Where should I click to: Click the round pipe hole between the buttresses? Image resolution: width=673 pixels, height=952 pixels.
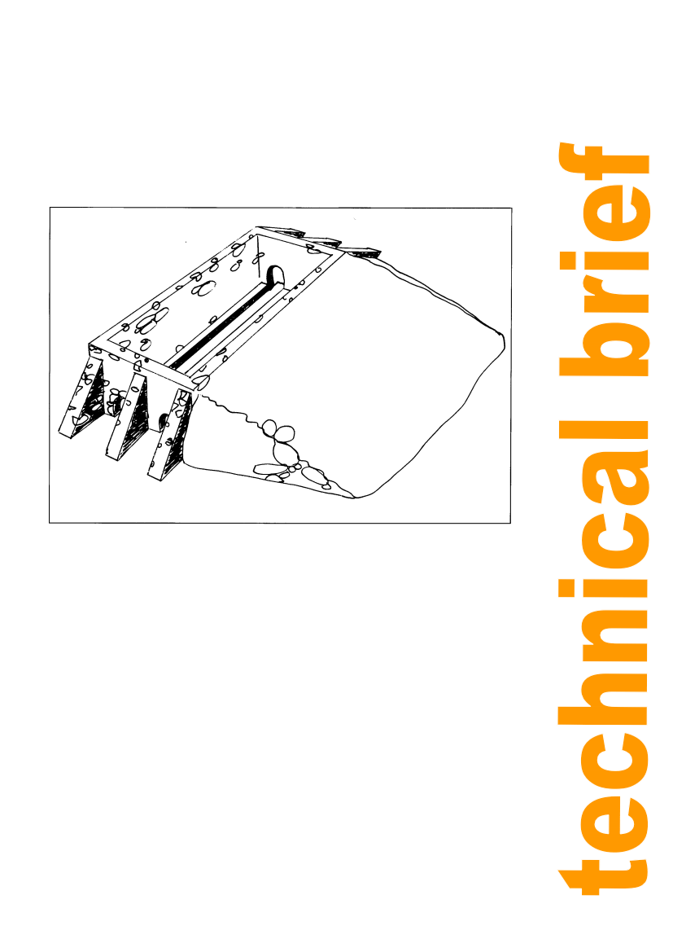(x=163, y=420)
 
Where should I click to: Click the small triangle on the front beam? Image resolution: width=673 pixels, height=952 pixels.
(x=138, y=364)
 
